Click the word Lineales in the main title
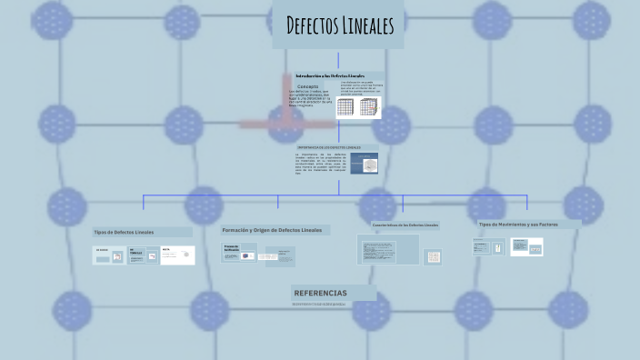pos(369,26)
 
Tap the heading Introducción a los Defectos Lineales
pos(330,75)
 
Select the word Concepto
pos(308,86)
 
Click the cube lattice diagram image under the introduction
pos(358,107)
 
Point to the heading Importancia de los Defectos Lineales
pos(329,146)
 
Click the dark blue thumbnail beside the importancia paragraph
pos(366,165)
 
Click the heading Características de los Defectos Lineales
pos(405,225)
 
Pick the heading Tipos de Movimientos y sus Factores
pos(516,224)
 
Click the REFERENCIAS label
pos(320,293)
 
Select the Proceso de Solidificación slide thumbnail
pos(239,253)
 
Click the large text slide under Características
pos(388,249)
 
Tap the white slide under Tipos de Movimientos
pos(526,246)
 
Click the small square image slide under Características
pos(434,257)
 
